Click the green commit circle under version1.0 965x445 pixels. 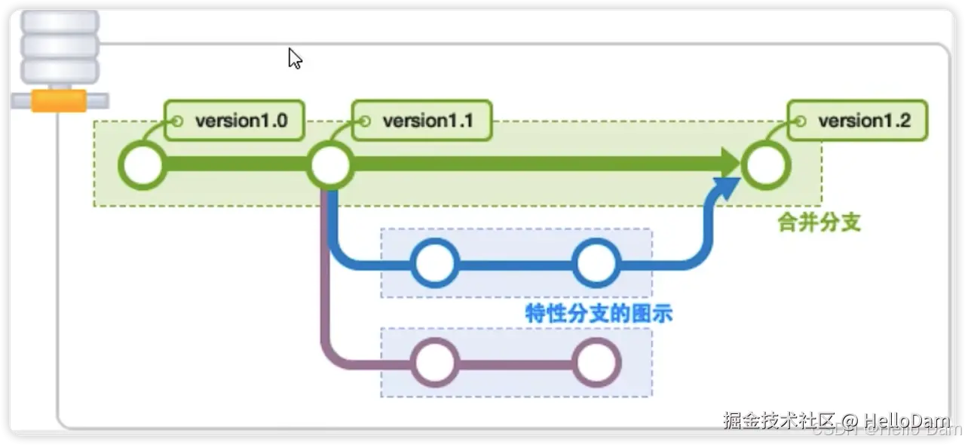[142, 165]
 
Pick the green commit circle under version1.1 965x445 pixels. [329, 165]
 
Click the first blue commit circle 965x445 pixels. [435, 263]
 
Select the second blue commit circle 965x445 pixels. [596, 263]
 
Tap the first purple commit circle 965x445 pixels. [435, 363]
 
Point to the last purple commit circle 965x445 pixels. [596, 363]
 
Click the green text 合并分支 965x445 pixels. [819, 223]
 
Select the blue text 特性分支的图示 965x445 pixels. [599, 313]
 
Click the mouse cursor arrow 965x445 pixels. [294, 58]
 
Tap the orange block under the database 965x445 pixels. [58, 100]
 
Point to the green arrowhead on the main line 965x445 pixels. [729, 162]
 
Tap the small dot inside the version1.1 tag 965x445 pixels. [365, 121]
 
